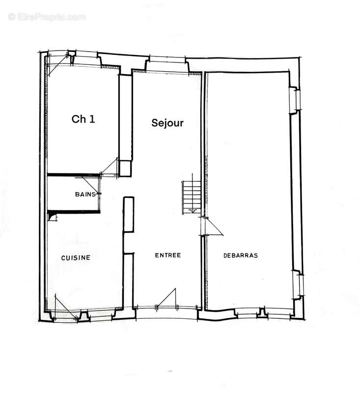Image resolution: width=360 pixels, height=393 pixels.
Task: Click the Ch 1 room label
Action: (x=83, y=118)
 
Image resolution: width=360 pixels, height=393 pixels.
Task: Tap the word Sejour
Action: (x=167, y=123)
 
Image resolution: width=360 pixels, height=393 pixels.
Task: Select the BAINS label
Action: (x=85, y=195)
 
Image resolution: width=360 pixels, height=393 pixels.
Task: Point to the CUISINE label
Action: (x=76, y=257)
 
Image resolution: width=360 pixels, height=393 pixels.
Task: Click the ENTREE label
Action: (x=168, y=255)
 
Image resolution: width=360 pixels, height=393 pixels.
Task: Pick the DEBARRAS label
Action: (x=241, y=255)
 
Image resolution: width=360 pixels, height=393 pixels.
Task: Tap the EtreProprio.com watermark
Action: (x=47, y=17)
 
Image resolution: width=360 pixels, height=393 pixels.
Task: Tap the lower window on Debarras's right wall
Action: (x=298, y=283)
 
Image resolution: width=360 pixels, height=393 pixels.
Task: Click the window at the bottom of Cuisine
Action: (x=66, y=314)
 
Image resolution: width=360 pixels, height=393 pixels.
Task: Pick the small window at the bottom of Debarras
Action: (x=264, y=312)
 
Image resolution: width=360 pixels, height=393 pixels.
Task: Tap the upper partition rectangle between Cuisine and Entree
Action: (x=128, y=215)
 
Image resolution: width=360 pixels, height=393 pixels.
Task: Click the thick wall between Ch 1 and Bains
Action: (x=74, y=174)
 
